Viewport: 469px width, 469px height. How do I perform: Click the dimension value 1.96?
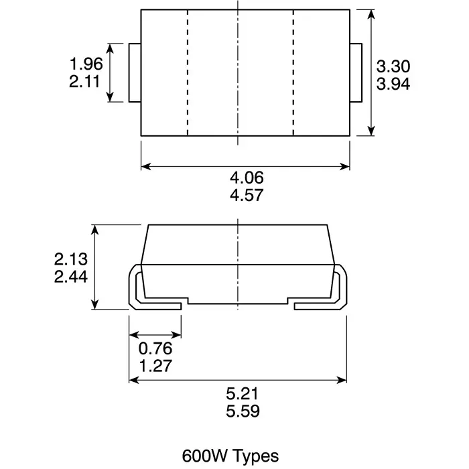click(x=86, y=64)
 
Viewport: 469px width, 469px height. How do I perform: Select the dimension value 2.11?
click(x=86, y=82)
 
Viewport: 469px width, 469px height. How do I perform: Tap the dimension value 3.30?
click(x=393, y=66)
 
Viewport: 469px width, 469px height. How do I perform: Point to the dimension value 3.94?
click(x=393, y=84)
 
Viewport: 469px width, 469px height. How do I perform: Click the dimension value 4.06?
click(x=247, y=178)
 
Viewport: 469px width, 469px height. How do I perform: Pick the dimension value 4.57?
click(x=247, y=196)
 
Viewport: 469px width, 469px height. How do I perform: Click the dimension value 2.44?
click(x=72, y=277)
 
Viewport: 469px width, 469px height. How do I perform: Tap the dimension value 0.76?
click(x=155, y=348)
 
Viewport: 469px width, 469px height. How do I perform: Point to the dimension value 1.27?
click(x=155, y=366)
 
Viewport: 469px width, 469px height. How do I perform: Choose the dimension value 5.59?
click(x=241, y=411)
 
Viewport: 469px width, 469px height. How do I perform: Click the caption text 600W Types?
click(x=230, y=455)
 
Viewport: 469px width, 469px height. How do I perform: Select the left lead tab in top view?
click(x=134, y=73)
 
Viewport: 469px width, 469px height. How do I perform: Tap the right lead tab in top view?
click(x=356, y=73)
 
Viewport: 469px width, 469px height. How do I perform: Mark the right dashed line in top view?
click(x=293, y=73)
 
